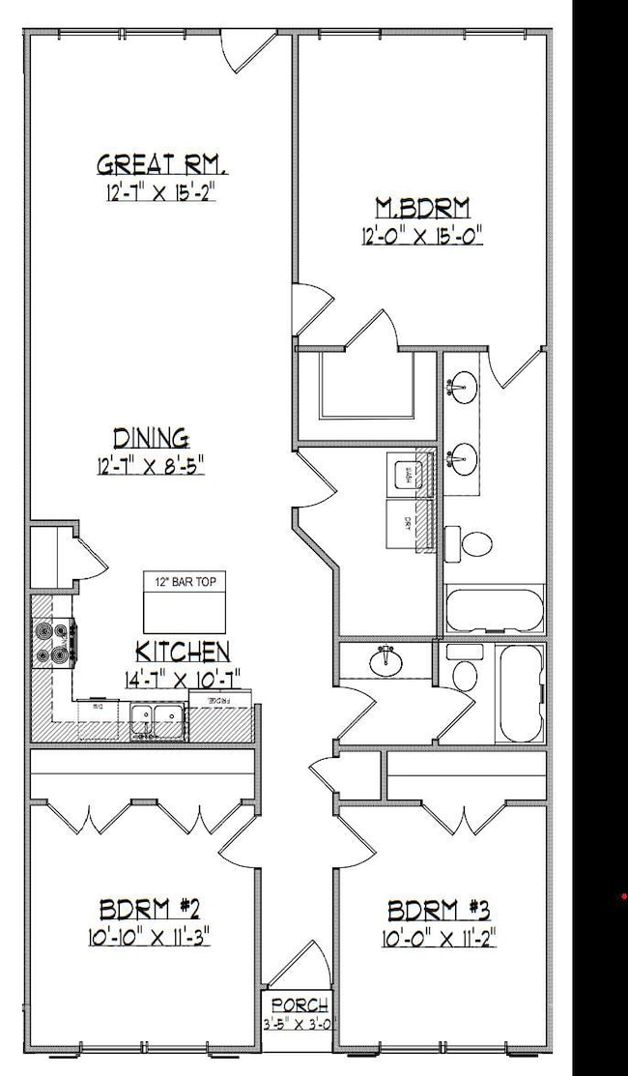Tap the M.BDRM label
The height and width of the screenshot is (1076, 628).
coord(422,206)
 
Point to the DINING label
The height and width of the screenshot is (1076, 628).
coord(151,437)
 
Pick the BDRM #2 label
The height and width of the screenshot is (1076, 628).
coord(150,909)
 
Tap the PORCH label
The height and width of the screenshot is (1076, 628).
coord(300,1005)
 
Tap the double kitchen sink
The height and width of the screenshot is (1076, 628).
coord(157,720)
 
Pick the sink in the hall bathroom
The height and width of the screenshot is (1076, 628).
coord(385,659)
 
